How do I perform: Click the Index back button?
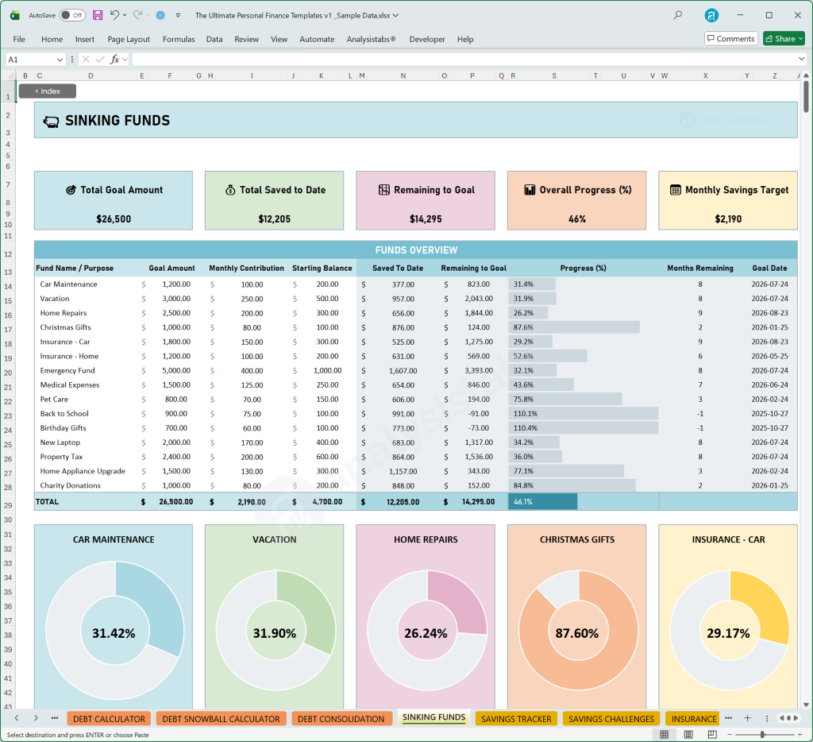(x=48, y=91)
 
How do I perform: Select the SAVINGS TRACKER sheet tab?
(x=516, y=719)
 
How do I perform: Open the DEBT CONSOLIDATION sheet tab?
(x=341, y=719)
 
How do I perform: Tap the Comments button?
(x=730, y=38)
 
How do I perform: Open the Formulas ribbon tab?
(x=179, y=39)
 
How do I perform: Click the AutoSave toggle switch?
(x=72, y=15)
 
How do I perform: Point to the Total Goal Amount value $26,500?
(x=114, y=218)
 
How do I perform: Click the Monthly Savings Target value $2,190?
(x=728, y=218)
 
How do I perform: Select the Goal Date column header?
(x=769, y=269)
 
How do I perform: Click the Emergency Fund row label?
(x=67, y=370)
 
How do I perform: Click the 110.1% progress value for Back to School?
(x=526, y=414)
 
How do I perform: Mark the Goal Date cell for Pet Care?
(x=769, y=400)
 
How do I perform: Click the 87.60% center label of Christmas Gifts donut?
(x=577, y=633)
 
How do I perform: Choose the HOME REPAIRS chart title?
(x=426, y=539)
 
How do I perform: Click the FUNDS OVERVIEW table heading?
(x=415, y=249)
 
